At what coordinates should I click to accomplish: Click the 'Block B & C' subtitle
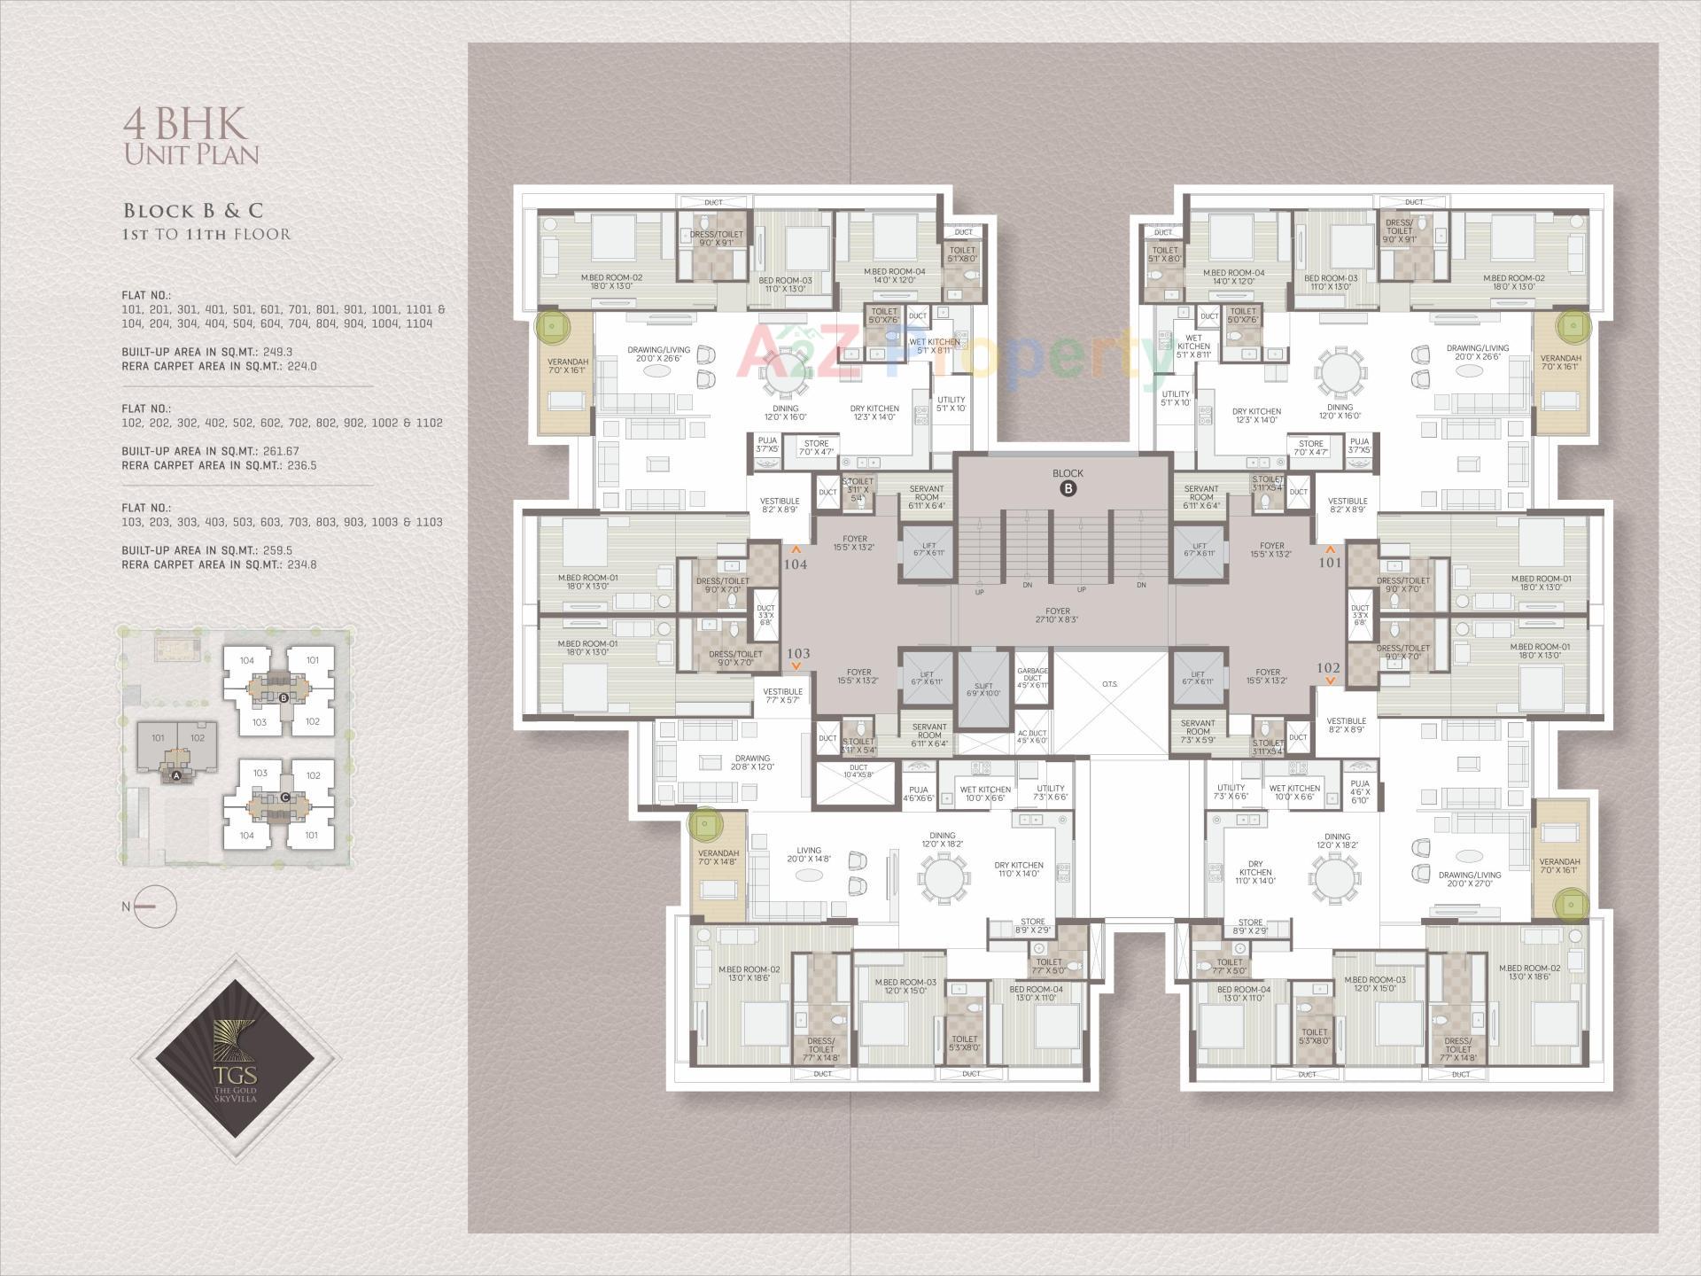click(x=193, y=211)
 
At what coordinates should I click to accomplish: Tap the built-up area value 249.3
click(x=277, y=352)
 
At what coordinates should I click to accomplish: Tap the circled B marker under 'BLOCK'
click(x=1068, y=488)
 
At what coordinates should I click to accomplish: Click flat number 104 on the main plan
click(x=796, y=564)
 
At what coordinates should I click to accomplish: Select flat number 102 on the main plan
click(x=1329, y=668)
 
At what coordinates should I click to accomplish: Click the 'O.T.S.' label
click(x=1110, y=684)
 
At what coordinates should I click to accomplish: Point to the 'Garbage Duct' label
click(x=1032, y=678)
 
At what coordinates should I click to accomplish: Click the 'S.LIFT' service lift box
click(x=983, y=689)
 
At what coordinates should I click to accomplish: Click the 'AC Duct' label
click(x=1032, y=736)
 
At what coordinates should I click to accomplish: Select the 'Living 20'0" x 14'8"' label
click(x=808, y=854)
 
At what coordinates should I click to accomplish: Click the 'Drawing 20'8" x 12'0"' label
click(x=752, y=762)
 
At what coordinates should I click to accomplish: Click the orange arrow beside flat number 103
click(x=796, y=665)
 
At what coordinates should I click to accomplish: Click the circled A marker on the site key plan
click(x=175, y=775)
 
